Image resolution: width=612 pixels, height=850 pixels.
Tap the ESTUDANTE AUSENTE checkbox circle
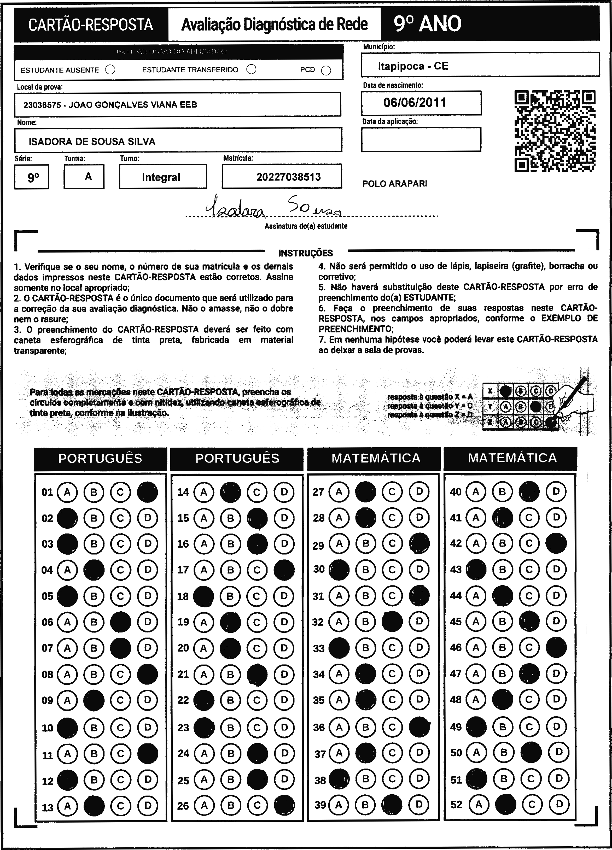(x=110, y=70)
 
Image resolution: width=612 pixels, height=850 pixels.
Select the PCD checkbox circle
(x=326, y=71)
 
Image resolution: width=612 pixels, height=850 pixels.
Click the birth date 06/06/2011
(x=415, y=103)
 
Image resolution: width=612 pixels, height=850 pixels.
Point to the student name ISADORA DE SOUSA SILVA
(x=92, y=141)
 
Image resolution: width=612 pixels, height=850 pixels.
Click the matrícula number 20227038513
(x=289, y=177)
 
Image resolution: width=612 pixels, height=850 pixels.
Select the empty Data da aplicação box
(x=421, y=139)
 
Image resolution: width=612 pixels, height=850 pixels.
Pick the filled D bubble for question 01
(x=147, y=492)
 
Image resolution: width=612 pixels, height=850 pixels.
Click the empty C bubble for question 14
(x=257, y=492)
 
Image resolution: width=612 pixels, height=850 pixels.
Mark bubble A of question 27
(x=339, y=492)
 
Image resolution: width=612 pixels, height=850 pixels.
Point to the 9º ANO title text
(x=427, y=24)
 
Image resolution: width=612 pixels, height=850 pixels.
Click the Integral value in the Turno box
(x=161, y=177)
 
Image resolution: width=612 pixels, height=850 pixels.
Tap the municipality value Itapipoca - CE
(x=413, y=66)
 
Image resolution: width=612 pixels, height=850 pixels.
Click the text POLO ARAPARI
(x=395, y=184)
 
